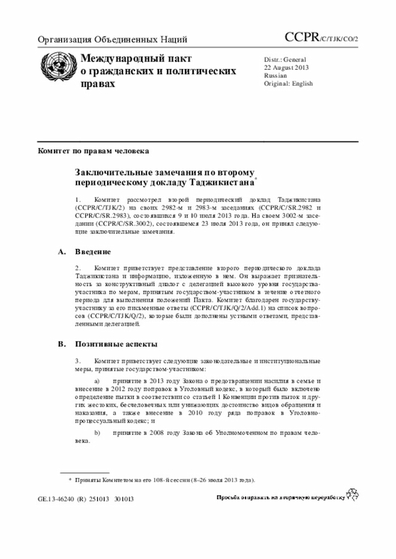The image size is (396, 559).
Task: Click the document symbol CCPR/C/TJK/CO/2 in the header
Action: pos(321,38)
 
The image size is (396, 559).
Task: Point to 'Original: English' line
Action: pos(288,83)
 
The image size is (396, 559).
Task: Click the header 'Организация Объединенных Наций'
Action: pos(113,40)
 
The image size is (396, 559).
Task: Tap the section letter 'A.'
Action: pos(61,252)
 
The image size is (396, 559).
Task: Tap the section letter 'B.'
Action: pos(61,343)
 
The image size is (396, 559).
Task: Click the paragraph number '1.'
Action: pos(79,201)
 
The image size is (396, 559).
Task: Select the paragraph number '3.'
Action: pos(79,360)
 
